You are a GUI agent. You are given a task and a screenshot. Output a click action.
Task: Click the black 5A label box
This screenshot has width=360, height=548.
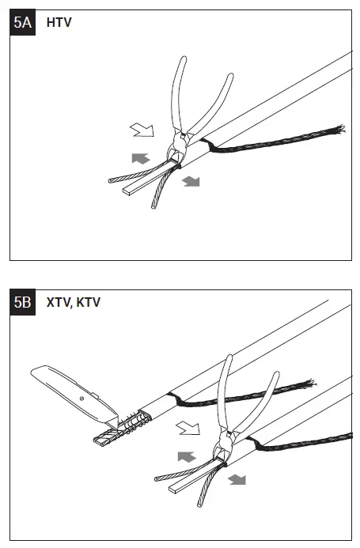pyautogui.click(x=22, y=22)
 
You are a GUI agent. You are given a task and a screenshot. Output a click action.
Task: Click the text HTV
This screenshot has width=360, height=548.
pyautogui.click(x=59, y=22)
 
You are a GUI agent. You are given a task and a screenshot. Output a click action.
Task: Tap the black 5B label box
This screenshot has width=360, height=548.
pyautogui.click(x=22, y=302)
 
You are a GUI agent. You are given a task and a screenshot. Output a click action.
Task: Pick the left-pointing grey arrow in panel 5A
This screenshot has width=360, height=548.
pyautogui.click(x=139, y=158)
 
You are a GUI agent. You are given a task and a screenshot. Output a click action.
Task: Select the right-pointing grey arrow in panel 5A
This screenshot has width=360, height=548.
pyautogui.click(x=190, y=182)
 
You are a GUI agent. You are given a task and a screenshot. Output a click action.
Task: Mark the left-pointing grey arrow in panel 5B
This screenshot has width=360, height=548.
pyautogui.click(x=187, y=456)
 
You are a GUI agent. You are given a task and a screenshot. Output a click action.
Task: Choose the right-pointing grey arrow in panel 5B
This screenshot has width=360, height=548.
pyautogui.click(x=236, y=480)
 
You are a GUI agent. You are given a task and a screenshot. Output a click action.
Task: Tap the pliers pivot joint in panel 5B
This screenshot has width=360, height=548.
pyautogui.click(x=226, y=437)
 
